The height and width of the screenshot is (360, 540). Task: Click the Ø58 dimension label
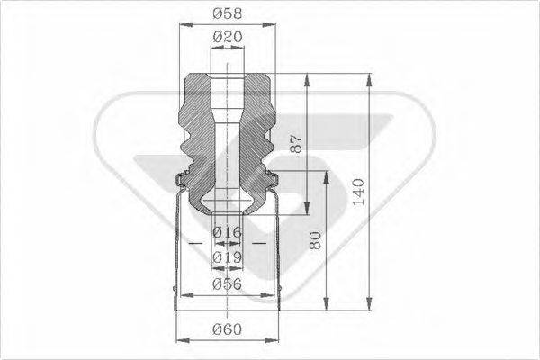229,14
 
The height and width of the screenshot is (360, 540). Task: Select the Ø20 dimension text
229,37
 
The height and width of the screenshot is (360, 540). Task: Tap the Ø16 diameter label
229,233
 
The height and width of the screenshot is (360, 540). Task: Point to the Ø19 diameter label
229,258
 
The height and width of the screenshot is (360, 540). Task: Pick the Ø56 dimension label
229,284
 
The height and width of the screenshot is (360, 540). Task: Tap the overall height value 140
359,191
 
